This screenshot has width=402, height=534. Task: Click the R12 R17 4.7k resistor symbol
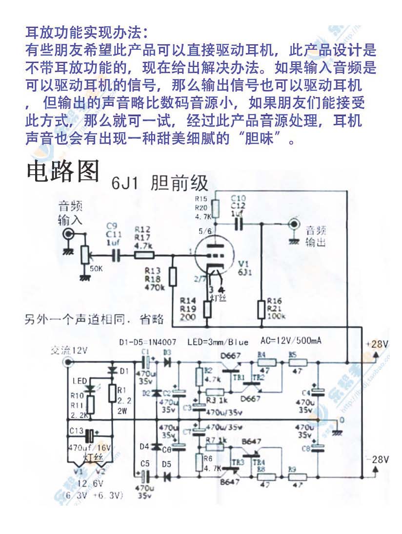coord(144,254)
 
